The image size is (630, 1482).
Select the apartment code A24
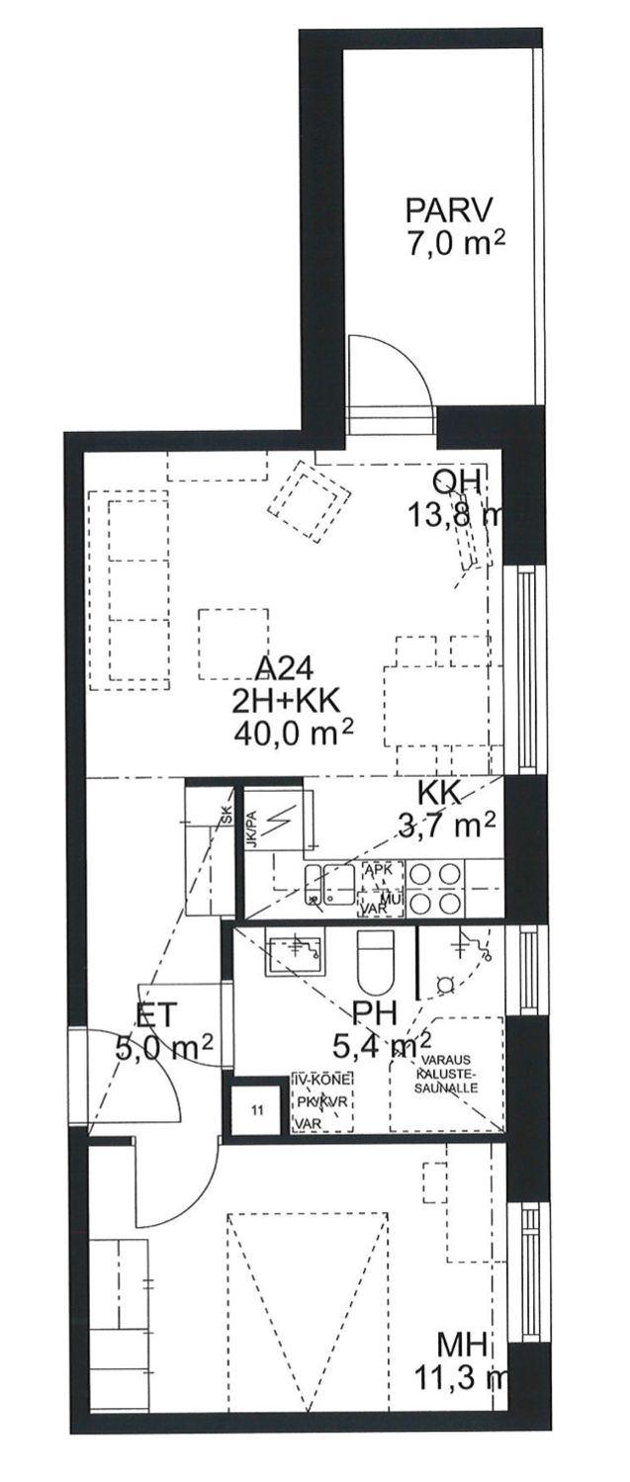pos(286,666)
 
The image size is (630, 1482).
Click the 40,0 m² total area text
pos(294,733)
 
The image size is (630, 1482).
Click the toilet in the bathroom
pos(375,962)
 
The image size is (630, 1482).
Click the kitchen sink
pos(329,883)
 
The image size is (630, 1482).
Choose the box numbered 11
pos(257,1110)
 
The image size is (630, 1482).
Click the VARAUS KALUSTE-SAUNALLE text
pos(448,1074)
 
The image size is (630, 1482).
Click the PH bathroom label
pos(374,1011)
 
